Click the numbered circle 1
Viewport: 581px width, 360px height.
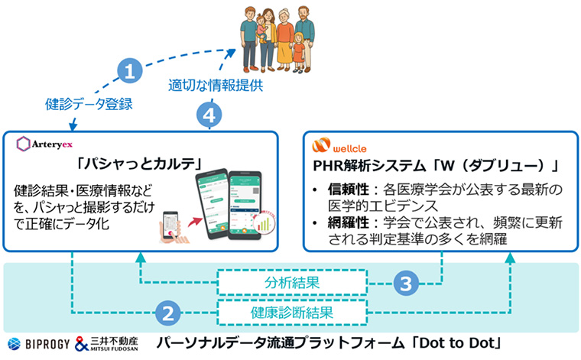tap(131, 72)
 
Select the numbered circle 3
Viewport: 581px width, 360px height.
tap(408, 284)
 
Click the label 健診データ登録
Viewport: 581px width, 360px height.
tap(77, 103)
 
